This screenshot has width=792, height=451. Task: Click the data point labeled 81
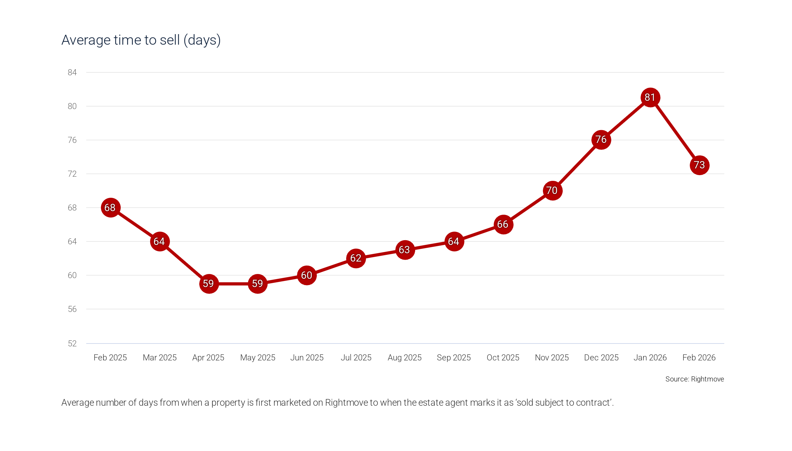tap(650, 97)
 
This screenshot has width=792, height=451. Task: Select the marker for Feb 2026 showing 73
tap(699, 165)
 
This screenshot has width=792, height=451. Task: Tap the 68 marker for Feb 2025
tap(110, 208)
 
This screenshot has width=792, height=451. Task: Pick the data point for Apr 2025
tap(209, 284)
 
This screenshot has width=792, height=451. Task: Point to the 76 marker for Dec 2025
tap(601, 140)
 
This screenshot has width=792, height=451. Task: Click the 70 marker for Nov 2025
tap(552, 191)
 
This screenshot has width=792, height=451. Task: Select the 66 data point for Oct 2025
tap(503, 225)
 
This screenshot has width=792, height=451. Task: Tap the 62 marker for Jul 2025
tap(356, 258)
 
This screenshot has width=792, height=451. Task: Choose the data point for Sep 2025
tap(454, 241)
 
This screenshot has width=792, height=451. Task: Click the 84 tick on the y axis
tap(72, 73)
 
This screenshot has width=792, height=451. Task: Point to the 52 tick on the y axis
tap(72, 344)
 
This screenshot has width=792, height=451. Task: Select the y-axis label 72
tap(72, 174)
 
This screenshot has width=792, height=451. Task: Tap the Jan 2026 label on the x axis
tap(650, 358)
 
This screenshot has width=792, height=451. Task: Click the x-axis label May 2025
tap(258, 358)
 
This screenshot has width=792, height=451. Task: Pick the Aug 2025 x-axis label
tap(405, 358)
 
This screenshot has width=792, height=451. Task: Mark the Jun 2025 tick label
tap(307, 358)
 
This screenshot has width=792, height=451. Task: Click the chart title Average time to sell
tap(141, 40)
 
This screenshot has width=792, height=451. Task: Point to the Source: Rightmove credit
tap(694, 379)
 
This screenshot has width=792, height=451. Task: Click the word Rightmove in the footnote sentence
tap(346, 403)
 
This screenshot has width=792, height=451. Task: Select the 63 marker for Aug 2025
tap(405, 250)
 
